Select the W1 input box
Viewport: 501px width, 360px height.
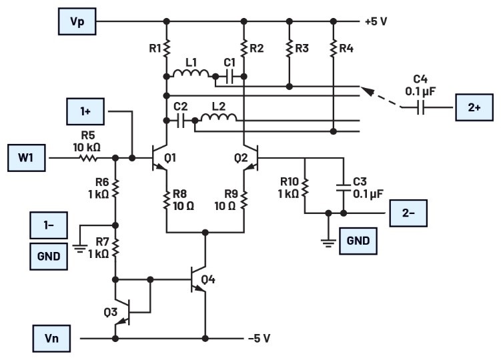click(x=27, y=159)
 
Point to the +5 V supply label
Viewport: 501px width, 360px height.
click(x=376, y=21)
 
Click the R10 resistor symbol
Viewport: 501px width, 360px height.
click(x=305, y=187)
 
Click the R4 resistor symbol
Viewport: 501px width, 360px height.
click(x=332, y=48)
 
